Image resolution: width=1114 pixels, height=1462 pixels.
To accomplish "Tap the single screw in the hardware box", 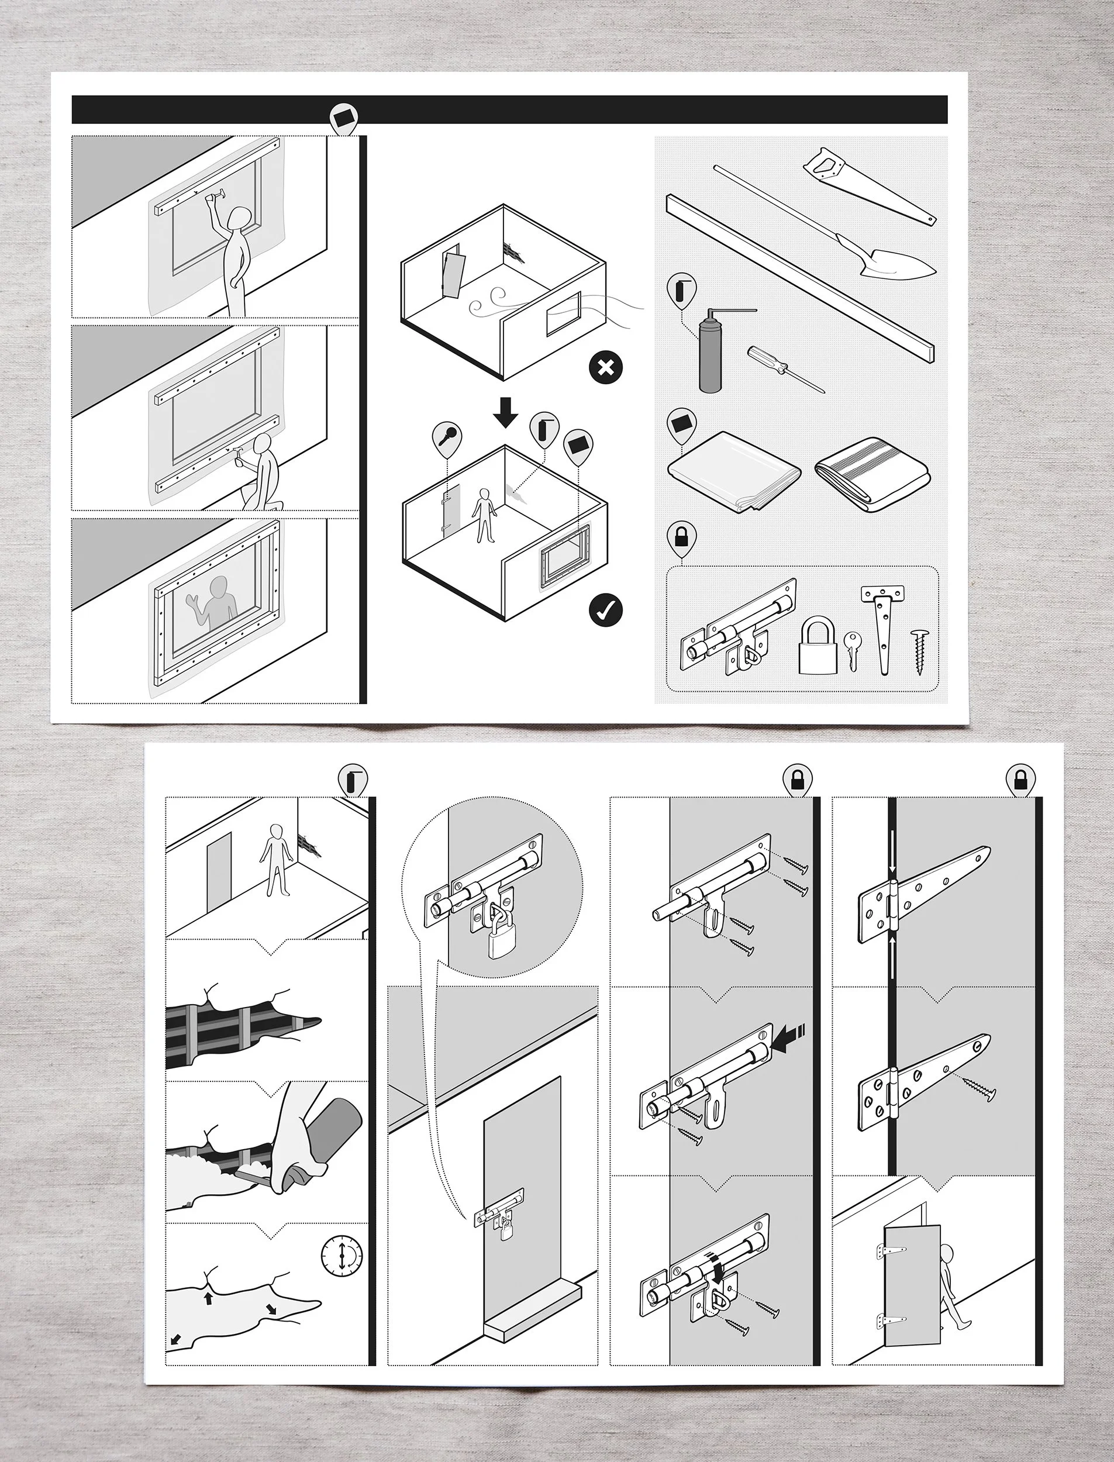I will (x=920, y=650).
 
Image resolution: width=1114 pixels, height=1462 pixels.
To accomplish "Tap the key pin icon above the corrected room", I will (x=447, y=436).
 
